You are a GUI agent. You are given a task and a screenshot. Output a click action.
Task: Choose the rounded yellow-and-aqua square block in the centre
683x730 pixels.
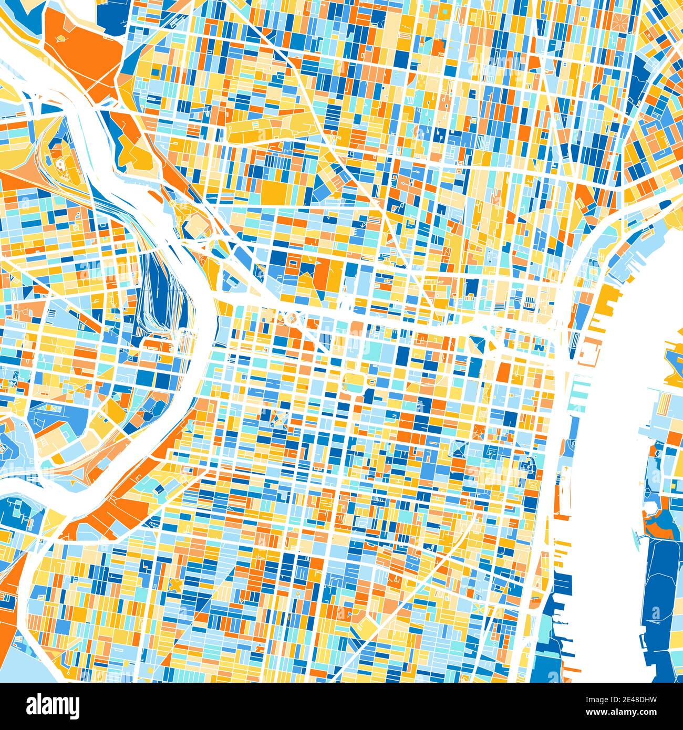pyautogui.click(x=354, y=382)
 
